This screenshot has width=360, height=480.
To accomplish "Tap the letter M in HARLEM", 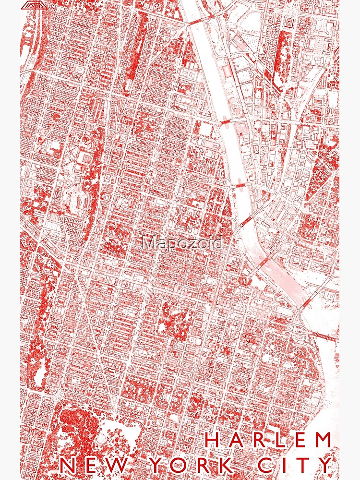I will point(324,440).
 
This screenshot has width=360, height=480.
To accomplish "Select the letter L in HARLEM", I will point(279,440).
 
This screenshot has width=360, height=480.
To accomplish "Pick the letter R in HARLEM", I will point(258,440).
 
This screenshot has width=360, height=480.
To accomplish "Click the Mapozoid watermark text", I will point(182,243).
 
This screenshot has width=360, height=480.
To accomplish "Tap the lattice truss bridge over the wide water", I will point(326,336).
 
